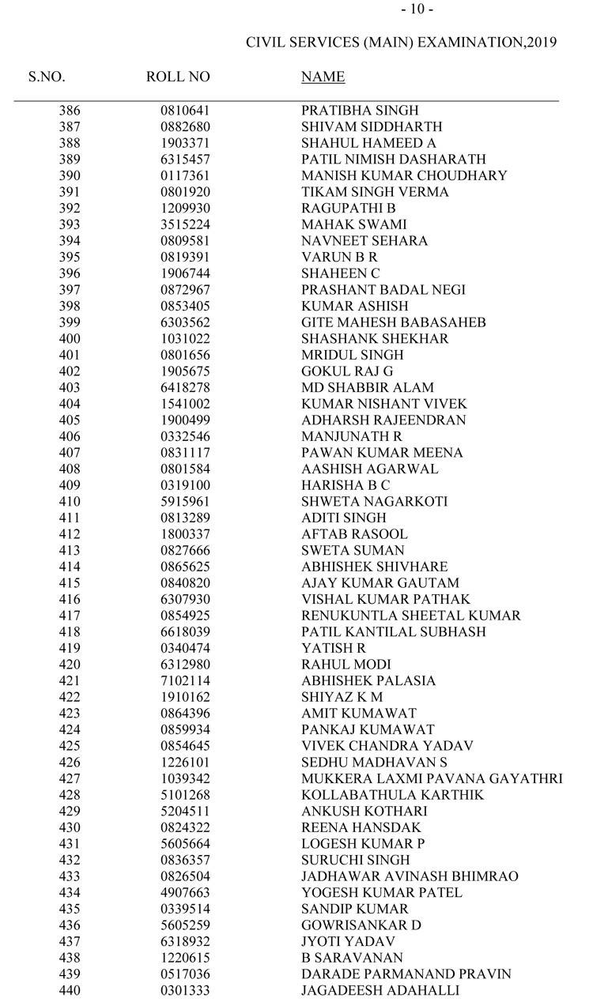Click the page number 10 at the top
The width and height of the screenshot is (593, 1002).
coord(417,9)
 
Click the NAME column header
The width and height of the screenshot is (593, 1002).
coord(323,77)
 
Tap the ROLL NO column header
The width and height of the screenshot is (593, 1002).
coord(178,77)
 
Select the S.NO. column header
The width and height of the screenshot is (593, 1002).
coord(47,77)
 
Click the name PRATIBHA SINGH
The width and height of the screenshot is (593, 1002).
coord(360,111)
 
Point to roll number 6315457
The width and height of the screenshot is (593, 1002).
coord(185,160)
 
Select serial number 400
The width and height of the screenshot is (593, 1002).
coord(70,338)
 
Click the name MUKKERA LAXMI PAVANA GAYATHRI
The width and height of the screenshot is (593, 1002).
coord(432,778)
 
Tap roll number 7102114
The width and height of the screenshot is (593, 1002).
coord(185,680)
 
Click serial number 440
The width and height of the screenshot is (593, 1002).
coord(70,990)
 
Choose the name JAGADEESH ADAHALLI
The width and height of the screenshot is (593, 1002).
coord(380,990)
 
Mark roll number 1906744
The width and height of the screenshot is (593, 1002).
coord(185,273)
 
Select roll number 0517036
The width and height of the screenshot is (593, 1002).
coord(185,974)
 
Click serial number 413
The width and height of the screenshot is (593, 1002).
coord(70,550)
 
